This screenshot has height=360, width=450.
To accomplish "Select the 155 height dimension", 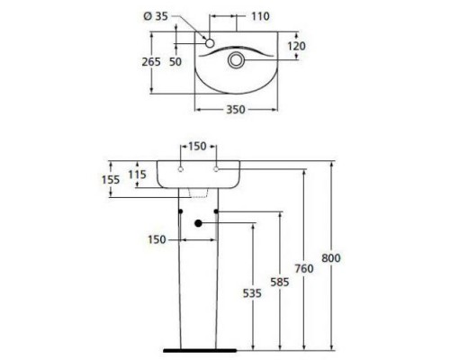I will coord(110,180).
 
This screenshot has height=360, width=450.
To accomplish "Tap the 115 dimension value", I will coord(137,175).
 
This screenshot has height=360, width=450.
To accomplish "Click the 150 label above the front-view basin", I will coord(198,146).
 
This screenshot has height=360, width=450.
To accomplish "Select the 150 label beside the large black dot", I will coord(157,238).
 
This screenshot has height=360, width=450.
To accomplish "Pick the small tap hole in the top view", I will coord(209,43).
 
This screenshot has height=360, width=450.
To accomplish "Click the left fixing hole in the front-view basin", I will coord(181,170).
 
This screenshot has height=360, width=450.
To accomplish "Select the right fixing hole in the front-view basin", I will coord(216,170).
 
